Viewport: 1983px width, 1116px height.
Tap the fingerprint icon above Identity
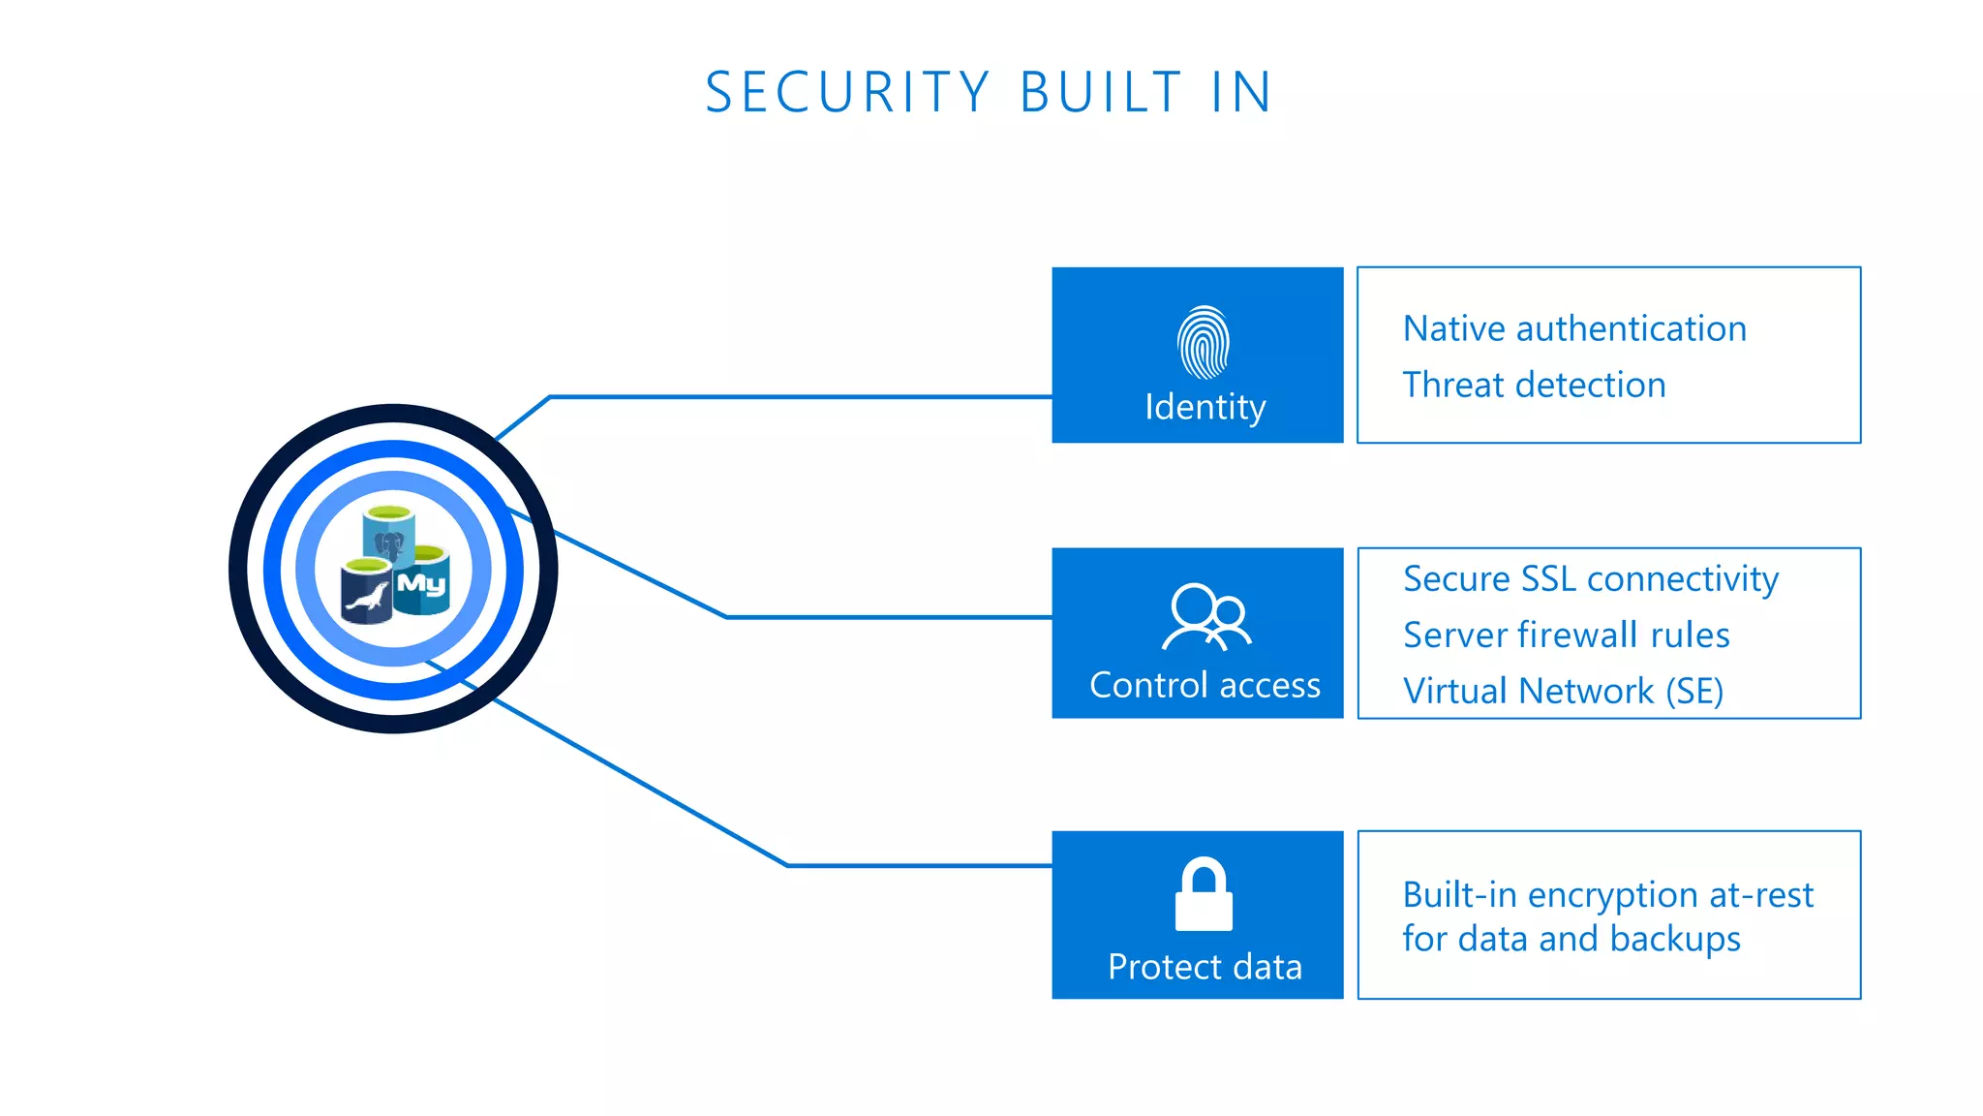(x=1204, y=342)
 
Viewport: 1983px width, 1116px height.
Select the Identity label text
(x=1205, y=407)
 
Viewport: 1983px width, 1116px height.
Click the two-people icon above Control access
(x=1206, y=616)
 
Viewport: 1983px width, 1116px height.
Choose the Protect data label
(x=1205, y=967)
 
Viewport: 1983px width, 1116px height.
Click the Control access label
(x=1205, y=685)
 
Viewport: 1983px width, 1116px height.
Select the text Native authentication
(x=1574, y=328)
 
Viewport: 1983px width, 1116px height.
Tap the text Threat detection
(x=1534, y=385)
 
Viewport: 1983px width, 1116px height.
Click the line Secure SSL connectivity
(x=1590, y=578)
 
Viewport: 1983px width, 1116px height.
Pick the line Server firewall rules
(x=1566, y=635)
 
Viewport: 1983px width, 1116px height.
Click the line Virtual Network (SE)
(x=1563, y=691)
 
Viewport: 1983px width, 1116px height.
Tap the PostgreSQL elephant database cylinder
(x=389, y=536)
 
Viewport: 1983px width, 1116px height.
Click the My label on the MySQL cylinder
(x=422, y=583)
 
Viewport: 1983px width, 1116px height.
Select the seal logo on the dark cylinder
(x=367, y=594)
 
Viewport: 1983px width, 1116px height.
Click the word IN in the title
(x=1241, y=93)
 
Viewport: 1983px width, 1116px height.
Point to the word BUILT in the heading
(x=1101, y=93)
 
